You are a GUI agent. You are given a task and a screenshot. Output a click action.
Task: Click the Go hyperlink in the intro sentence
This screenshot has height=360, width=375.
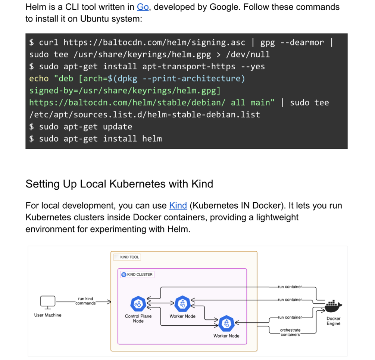click(x=143, y=7)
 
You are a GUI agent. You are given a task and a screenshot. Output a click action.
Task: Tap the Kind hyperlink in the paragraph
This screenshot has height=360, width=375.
click(x=178, y=205)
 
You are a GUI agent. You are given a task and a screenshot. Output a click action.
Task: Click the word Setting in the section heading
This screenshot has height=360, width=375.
click(x=41, y=184)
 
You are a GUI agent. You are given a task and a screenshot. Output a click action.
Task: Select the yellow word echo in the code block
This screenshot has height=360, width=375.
click(x=39, y=79)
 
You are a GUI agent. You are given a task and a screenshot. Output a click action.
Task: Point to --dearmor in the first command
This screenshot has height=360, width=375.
click(x=302, y=42)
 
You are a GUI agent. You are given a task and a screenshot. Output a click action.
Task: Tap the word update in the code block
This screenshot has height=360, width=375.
click(x=118, y=127)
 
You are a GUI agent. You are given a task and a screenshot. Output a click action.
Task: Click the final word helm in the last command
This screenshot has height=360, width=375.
click(x=152, y=139)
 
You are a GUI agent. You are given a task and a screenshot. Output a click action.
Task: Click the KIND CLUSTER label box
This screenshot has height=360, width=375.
click(x=137, y=275)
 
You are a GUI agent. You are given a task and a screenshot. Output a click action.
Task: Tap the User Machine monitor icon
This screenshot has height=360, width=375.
click(x=47, y=302)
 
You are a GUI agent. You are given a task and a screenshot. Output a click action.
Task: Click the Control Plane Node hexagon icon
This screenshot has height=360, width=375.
click(x=138, y=304)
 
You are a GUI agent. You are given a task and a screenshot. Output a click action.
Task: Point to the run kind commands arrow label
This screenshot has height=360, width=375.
click(x=85, y=301)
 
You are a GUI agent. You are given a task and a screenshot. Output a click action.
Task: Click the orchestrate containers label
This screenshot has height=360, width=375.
click(x=290, y=332)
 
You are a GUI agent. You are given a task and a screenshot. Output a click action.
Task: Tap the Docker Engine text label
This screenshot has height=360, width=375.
click(x=333, y=321)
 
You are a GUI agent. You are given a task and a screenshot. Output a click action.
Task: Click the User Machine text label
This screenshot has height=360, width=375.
click(x=48, y=315)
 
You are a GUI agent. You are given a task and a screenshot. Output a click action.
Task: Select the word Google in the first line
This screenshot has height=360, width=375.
click(x=228, y=7)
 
